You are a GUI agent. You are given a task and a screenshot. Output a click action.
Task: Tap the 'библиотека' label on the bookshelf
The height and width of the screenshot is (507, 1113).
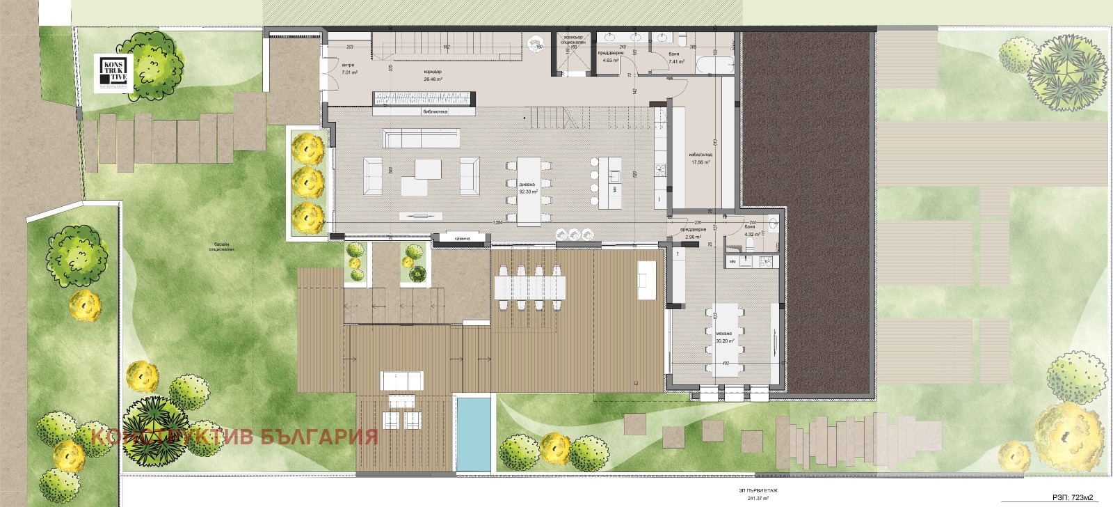pos(435,111)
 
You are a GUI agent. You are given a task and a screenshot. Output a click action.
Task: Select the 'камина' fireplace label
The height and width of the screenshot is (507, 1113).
pos(463,239)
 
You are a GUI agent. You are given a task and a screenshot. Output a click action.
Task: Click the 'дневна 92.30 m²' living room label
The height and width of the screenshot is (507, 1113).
pos(528,188)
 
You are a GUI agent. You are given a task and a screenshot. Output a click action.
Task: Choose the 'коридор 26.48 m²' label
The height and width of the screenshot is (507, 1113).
pos(433,75)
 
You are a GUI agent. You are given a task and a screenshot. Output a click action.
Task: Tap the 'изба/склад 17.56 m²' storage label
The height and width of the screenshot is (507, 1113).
pos(700,159)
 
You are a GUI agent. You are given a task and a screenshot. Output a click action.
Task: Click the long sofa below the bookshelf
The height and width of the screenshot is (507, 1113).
pos(422,136)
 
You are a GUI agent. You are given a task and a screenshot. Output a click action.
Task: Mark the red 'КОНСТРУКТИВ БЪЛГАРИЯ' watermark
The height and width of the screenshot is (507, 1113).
pos(234,437)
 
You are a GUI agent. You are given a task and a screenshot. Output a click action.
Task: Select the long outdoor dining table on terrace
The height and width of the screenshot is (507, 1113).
pos(528,286)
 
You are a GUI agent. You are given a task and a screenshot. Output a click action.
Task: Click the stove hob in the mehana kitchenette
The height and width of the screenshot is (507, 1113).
pos(766,262)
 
